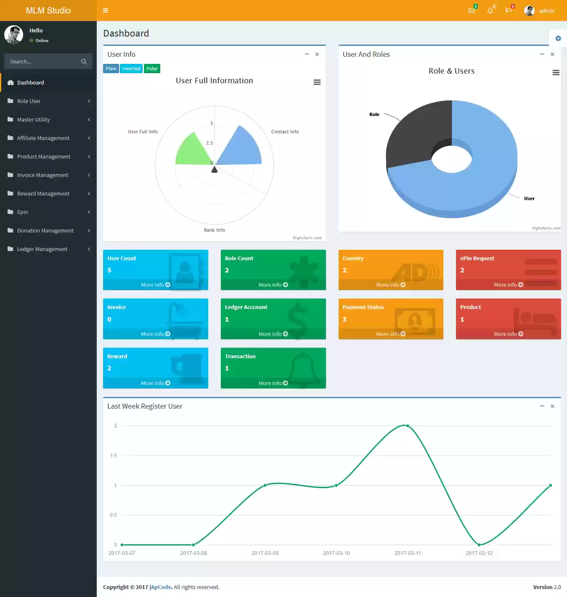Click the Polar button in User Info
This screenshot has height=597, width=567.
click(x=152, y=69)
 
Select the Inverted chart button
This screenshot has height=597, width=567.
click(x=131, y=69)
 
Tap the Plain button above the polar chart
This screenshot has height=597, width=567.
click(x=111, y=69)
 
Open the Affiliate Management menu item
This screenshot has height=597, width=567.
click(x=43, y=138)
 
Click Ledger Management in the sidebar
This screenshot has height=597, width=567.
click(x=42, y=249)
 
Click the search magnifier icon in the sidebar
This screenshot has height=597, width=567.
click(x=84, y=61)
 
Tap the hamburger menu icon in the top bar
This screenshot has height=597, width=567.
click(x=106, y=11)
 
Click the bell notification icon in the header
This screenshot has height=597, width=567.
click(x=490, y=11)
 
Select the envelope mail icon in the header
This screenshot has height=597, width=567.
click(x=472, y=11)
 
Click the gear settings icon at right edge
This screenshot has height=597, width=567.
click(x=558, y=38)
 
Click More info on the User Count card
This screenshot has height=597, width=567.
click(x=155, y=285)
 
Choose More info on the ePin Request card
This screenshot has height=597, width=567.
click(x=508, y=285)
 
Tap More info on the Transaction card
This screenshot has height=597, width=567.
click(x=273, y=383)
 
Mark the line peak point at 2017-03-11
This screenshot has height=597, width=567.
click(x=408, y=426)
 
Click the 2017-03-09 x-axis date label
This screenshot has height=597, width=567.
click(x=265, y=553)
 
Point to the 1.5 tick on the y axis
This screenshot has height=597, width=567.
click(x=114, y=455)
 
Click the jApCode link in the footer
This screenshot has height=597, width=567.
click(x=160, y=587)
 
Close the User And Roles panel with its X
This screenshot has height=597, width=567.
click(x=552, y=54)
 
